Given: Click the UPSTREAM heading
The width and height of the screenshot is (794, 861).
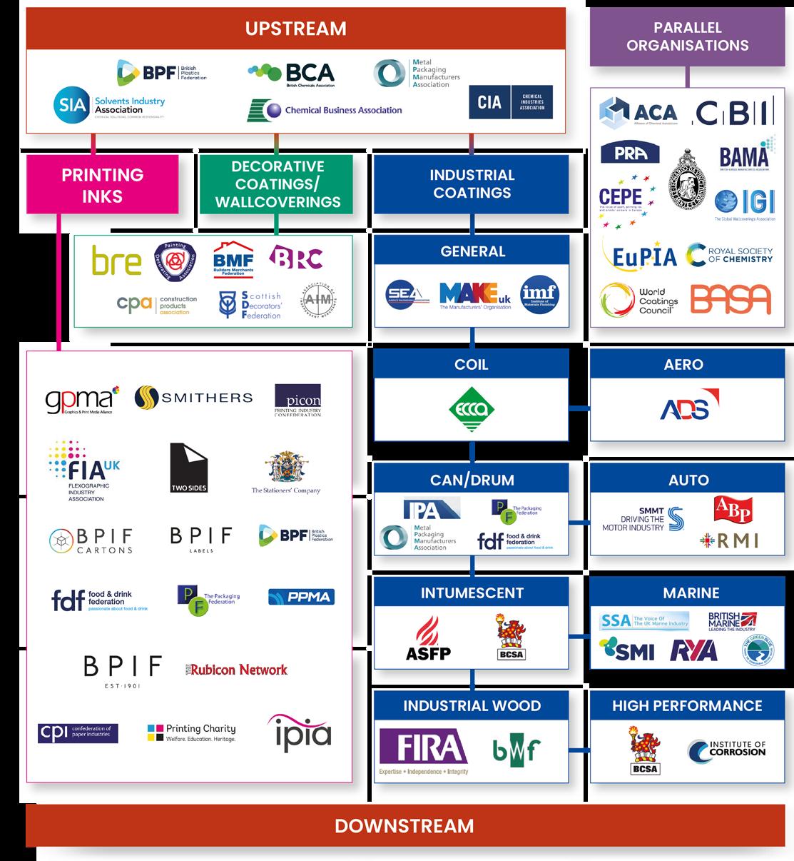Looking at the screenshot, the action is [295, 29].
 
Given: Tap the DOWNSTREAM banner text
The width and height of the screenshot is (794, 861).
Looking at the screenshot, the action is [404, 826].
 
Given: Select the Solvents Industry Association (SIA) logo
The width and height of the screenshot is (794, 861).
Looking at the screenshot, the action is [108, 106].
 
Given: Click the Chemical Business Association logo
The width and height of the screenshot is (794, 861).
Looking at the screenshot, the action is [325, 110].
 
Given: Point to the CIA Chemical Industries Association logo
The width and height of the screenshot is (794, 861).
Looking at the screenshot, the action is [510, 102].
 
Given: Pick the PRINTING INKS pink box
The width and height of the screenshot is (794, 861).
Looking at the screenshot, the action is [102, 185].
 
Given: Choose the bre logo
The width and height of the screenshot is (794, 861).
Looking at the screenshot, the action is [116, 261].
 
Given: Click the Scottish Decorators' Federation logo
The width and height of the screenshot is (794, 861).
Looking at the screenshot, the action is [250, 305].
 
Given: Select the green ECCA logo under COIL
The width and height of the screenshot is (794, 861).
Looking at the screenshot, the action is [472, 410].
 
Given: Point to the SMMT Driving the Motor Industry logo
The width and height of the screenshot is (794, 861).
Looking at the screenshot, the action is [643, 520].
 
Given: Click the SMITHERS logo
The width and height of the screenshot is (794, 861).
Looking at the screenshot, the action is [193, 397].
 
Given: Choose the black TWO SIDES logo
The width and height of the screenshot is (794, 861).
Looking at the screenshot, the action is [188, 468].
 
